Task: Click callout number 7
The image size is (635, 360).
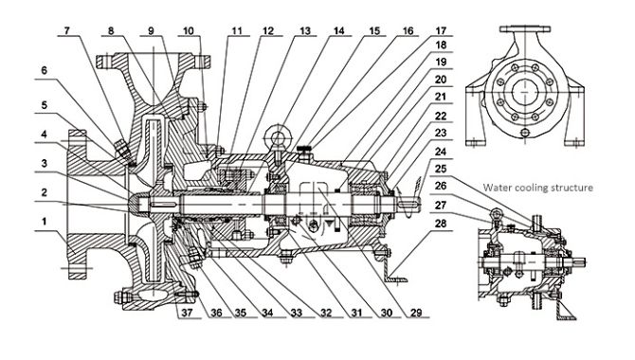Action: (x=67, y=30)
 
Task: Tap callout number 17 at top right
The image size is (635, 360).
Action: (x=441, y=30)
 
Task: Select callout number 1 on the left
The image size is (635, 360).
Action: (x=44, y=222)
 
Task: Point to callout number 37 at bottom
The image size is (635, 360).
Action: (x=187, y=313)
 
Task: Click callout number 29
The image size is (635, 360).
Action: (x=416, y=313)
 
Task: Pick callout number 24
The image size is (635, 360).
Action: (x=441, y=152)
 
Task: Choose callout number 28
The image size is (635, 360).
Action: (x=441, y=224)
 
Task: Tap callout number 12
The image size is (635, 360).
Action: (x=268, y=30)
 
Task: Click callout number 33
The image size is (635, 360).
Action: (x=297, y=313)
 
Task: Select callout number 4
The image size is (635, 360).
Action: (x=44, y=134)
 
